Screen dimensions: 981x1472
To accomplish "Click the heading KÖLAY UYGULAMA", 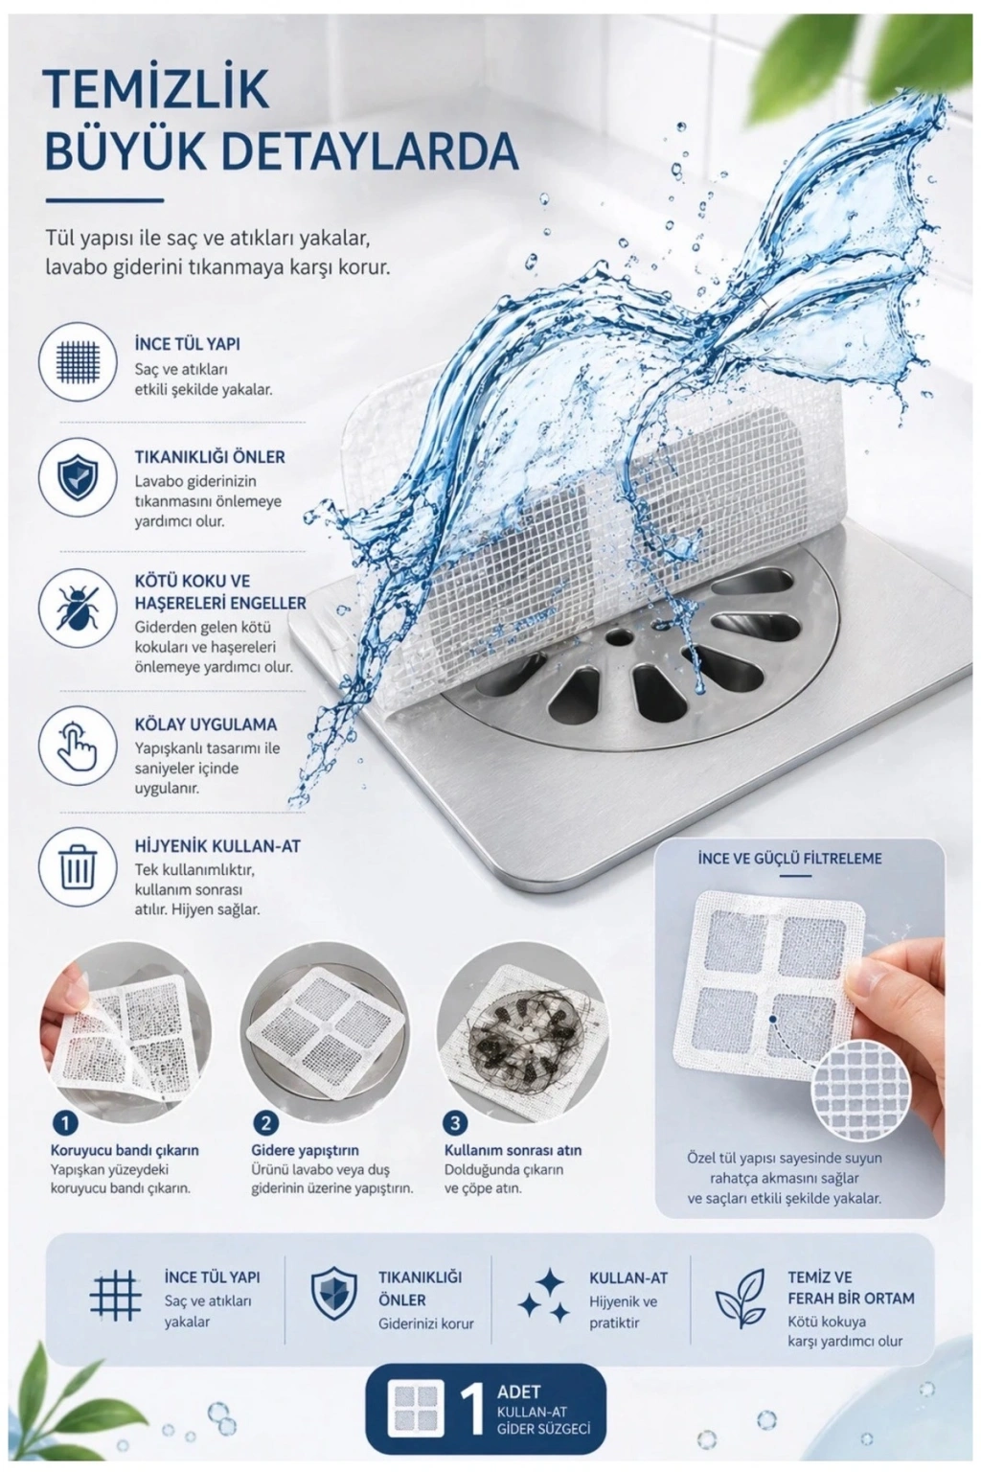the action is pos(206,724).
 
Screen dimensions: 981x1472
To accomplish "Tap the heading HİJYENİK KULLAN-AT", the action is pos(217,846).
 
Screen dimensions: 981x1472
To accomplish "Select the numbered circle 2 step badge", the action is pos(264,1123).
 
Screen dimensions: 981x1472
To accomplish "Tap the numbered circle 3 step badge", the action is pos(455,1123).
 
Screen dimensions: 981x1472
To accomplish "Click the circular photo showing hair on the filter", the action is pos(521,1026).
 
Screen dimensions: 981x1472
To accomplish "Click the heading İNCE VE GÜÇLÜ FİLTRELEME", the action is pos(789,859).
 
